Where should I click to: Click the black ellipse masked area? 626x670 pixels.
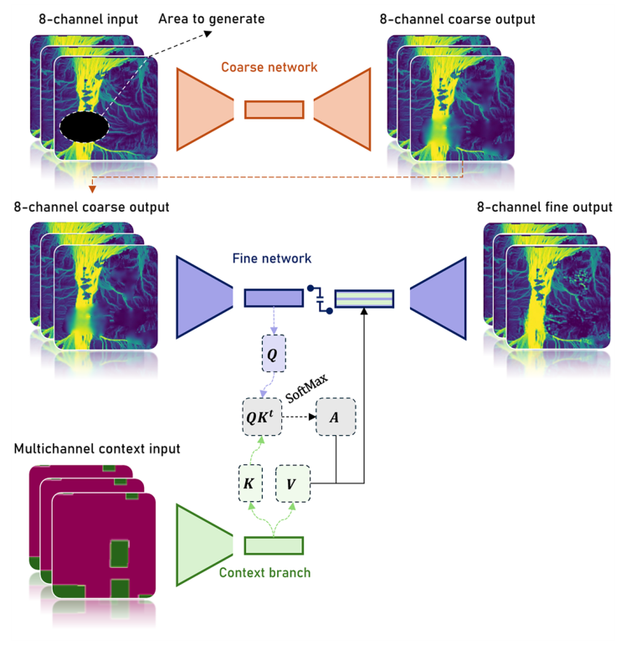point(84,127)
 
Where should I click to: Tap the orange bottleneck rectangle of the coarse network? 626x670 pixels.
point(274,110)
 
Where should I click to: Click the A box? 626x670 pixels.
point(336,417)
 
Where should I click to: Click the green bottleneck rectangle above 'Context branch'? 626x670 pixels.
point(274,545)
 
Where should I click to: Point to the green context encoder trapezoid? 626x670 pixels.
point(204,545)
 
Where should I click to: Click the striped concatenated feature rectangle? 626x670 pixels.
point(363,298)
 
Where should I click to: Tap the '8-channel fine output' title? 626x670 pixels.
point(544,207)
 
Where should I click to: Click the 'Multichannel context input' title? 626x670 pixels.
point(96,448)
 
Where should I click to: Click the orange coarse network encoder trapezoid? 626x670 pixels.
point(205,109)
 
